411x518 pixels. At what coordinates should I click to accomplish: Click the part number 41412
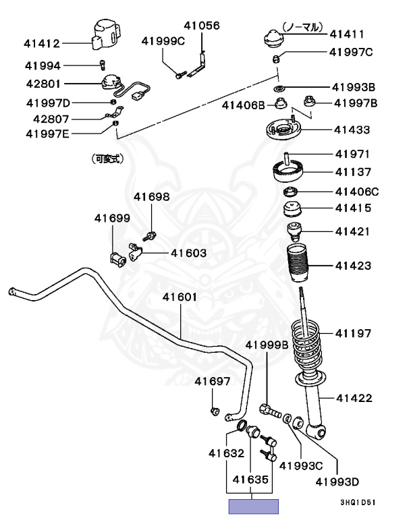click(43, 44)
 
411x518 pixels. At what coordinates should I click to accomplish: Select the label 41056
click(202, 25)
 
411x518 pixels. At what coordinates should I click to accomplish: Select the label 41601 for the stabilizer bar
click(180, 297)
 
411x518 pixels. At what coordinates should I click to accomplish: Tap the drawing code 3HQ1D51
click(358, 502)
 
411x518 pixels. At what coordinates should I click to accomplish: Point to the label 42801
click(43, 85)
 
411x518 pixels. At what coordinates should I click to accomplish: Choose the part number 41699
click(111, 218)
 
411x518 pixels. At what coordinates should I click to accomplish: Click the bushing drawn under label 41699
click(117, 258)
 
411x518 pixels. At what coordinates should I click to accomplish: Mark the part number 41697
click(213, 381)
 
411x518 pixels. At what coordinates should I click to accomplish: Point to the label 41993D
click(337, 482)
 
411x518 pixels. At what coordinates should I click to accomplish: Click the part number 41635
click(252, 480)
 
